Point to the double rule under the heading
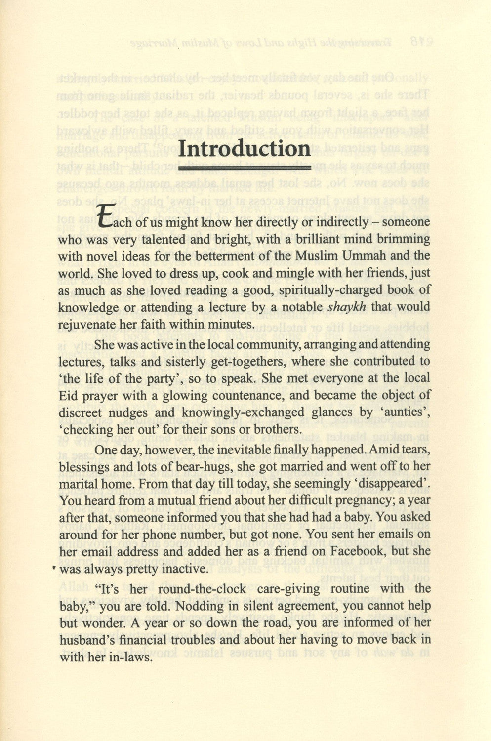245,169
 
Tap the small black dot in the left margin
53,569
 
